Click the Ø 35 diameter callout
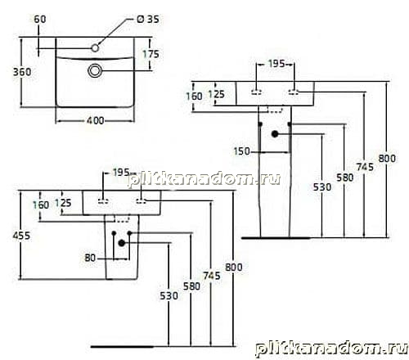(x=148, y=20)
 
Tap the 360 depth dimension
(x=22, y=72)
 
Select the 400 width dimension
(x=95, y=120)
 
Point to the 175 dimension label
(x=151, y=54)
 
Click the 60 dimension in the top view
(x=40, y=20)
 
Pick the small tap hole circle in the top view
(x=95, y=48)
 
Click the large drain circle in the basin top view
(x=95, y=70)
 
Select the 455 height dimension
(x=21, y=236)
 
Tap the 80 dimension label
(x=90, y=258)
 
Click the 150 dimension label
(x=242, y=151)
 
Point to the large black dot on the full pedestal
(x=275, y=134)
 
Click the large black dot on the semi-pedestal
(x=122, y=243)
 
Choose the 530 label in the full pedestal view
(x=322, y=187)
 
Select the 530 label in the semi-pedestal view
(x=169, y=295)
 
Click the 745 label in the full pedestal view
(x=365, y=167)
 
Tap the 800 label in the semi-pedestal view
(x=234, y=268)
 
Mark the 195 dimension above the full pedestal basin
(x=276, y=64)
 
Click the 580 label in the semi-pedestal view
(x=191, y=286)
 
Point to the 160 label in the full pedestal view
(x=194, y=97)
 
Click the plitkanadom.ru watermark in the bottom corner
(x=332, y=349)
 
